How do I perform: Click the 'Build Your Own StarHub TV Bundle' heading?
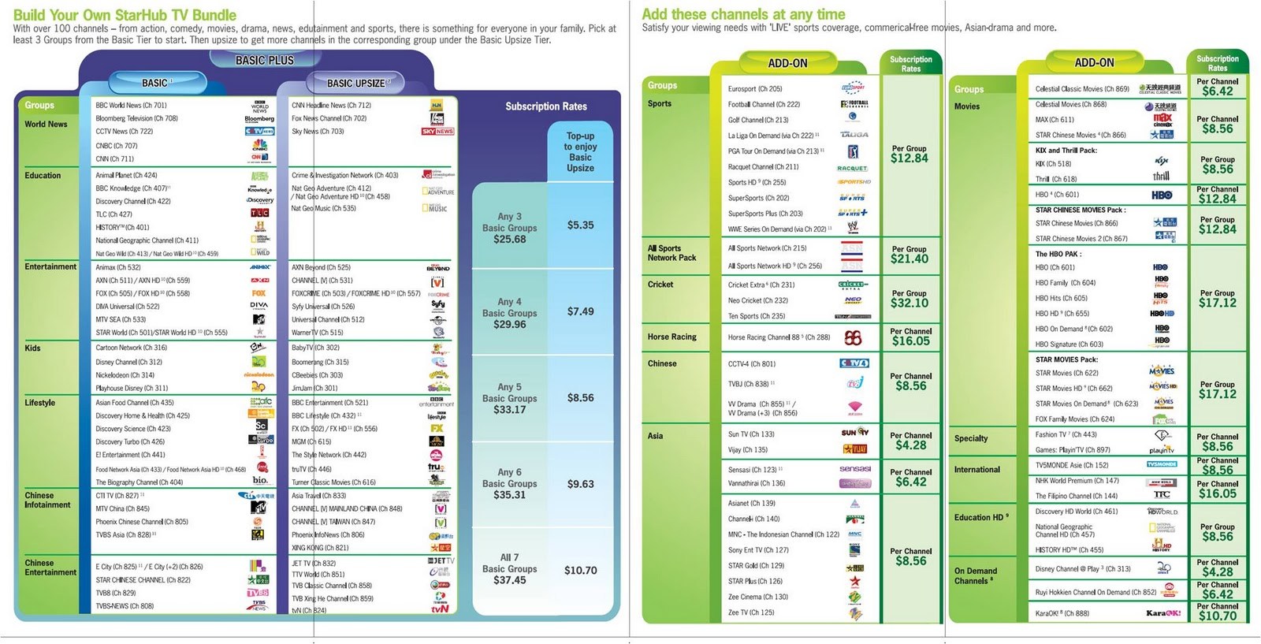coord(125,14)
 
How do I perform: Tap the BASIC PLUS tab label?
coord(264,60)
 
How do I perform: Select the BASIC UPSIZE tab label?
coord(356,83)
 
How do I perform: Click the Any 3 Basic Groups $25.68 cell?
coord(509,228)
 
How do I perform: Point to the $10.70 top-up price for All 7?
coord(580,570)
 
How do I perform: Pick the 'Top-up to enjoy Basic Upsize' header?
coord(580,152)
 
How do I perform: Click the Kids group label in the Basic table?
coord(32,348)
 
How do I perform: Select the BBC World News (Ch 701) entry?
coord(131,105)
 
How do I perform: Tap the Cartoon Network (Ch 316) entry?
coord(131,348)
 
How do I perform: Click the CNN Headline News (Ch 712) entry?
coord(331,105)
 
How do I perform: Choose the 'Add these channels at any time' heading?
coord(742,14)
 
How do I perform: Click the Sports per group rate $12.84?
coord(909,158)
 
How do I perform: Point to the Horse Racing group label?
coord(671,337)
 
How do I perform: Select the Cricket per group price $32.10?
coord(909,303)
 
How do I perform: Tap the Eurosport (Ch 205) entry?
coord(754,89)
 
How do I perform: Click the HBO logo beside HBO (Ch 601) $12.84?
coord(1162,195)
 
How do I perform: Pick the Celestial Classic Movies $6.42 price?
coord(1217,91)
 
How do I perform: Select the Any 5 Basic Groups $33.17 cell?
coord(509,398)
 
